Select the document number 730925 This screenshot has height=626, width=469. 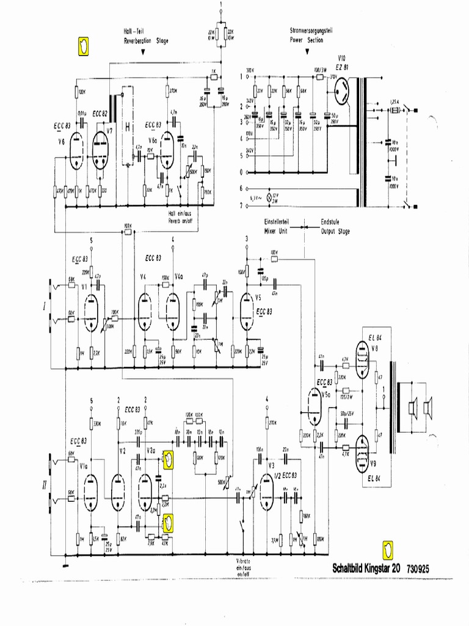(x=417, y=568)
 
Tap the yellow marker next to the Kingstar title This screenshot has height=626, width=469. (x=387, y=549)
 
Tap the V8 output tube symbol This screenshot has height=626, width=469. (x=362, y=361)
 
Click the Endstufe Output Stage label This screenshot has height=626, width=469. (x=335, y=227)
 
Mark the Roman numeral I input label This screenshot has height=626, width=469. (x=44, y=304)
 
